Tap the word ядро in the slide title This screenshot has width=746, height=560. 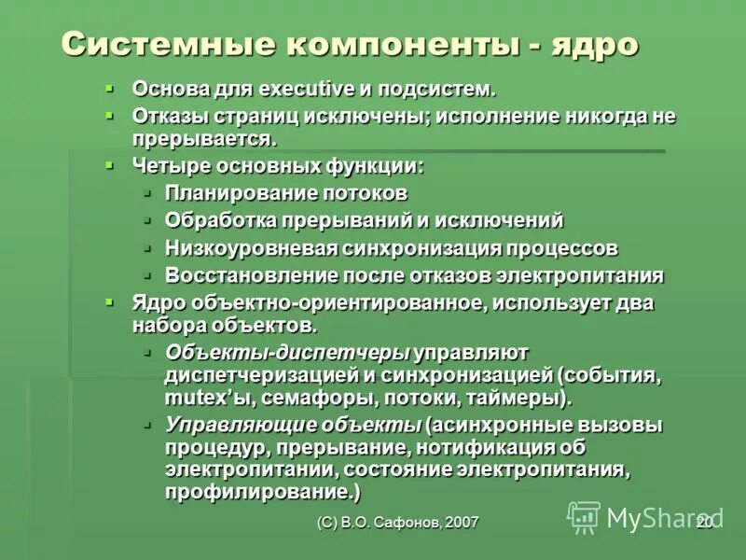[592, 44]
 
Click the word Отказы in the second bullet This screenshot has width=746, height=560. [166, 118]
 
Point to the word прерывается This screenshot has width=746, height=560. [203, 140]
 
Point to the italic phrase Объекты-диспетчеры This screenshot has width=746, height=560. [287, 353]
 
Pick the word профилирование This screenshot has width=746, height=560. [261, 492]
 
